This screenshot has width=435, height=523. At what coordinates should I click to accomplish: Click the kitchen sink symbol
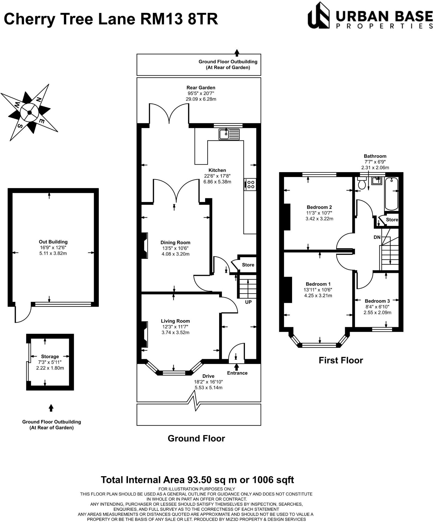point(229,134)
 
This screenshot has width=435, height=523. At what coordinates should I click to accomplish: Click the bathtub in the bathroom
point(391,194)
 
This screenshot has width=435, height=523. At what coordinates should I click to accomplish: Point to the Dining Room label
point(175,242)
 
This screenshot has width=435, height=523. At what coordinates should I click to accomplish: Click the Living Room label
point(175,321)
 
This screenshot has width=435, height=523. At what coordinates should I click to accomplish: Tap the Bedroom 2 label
point(319,207)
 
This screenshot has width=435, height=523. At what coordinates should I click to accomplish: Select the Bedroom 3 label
point(377,301)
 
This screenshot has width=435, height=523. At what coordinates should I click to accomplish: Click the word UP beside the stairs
point(248,302)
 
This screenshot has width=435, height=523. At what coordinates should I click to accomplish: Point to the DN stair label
point(377,237)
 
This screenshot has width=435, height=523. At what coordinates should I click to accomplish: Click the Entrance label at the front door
point(237,373)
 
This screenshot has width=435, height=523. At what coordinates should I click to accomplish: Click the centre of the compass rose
point(29,112)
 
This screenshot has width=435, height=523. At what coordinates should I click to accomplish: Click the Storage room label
point(50,356)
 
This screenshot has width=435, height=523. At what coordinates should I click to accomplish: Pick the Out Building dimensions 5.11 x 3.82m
point(53,253)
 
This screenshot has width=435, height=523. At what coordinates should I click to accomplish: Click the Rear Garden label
point(201,87)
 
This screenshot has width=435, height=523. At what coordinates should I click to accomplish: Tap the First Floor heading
point(341,360)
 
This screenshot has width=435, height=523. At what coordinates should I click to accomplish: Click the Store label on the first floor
point(392,220)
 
